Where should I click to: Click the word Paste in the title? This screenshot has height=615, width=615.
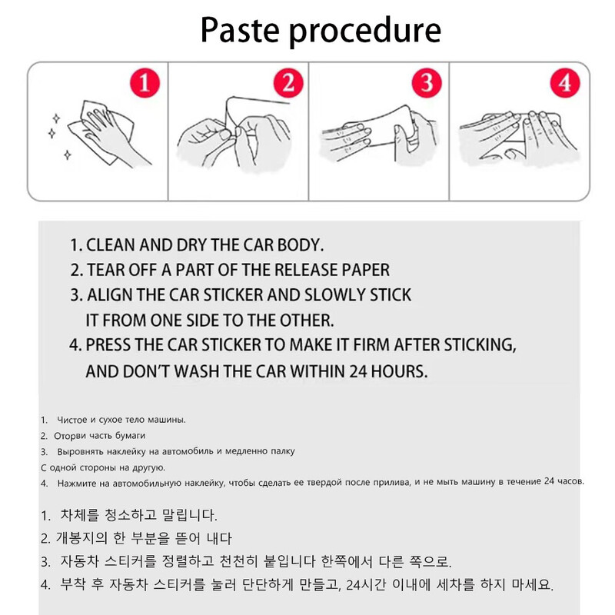point(240,31)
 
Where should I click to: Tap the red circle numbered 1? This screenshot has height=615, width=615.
point(145,83)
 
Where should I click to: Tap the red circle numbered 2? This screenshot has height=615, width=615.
point(288,83)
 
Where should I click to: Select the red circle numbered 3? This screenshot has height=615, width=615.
point(427,83)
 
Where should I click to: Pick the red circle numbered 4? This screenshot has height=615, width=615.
point(565,83)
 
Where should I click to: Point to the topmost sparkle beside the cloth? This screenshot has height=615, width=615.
point(56,118)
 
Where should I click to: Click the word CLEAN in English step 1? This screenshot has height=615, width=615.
point(111,244)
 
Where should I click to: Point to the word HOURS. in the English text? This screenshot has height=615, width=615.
point(399,371)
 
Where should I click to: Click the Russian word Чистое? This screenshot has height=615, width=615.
point(72,420)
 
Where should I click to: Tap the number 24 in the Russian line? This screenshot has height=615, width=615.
point(549,481)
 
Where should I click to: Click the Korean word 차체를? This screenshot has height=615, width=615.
point(80,515)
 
